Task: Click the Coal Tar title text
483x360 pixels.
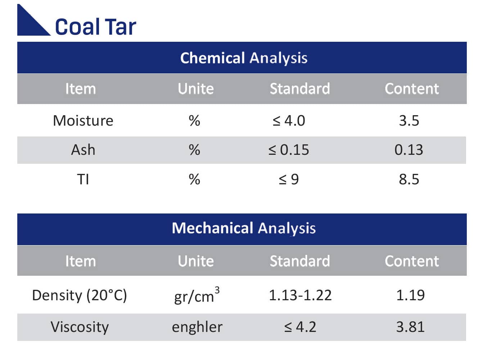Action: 95,27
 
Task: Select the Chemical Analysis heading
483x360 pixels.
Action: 244,58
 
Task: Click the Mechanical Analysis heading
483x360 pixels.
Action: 244,228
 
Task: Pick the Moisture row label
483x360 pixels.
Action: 83,121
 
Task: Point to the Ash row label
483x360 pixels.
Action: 83,150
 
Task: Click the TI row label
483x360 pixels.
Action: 83,179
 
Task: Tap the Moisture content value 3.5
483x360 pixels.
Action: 409,121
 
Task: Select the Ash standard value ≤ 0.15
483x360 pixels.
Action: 289,150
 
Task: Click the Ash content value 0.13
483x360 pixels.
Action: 409,150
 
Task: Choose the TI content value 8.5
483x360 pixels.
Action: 409,179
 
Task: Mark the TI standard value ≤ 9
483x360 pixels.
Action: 289,179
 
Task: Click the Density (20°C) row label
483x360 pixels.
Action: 80,295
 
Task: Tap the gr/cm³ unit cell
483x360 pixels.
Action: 197,296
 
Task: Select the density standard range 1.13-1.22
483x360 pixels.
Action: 300,295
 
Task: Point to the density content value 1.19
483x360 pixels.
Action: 410,295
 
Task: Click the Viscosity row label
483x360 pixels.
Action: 80,327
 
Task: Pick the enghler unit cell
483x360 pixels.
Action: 197,327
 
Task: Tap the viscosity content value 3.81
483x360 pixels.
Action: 410,327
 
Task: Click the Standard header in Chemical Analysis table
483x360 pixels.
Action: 300,89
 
